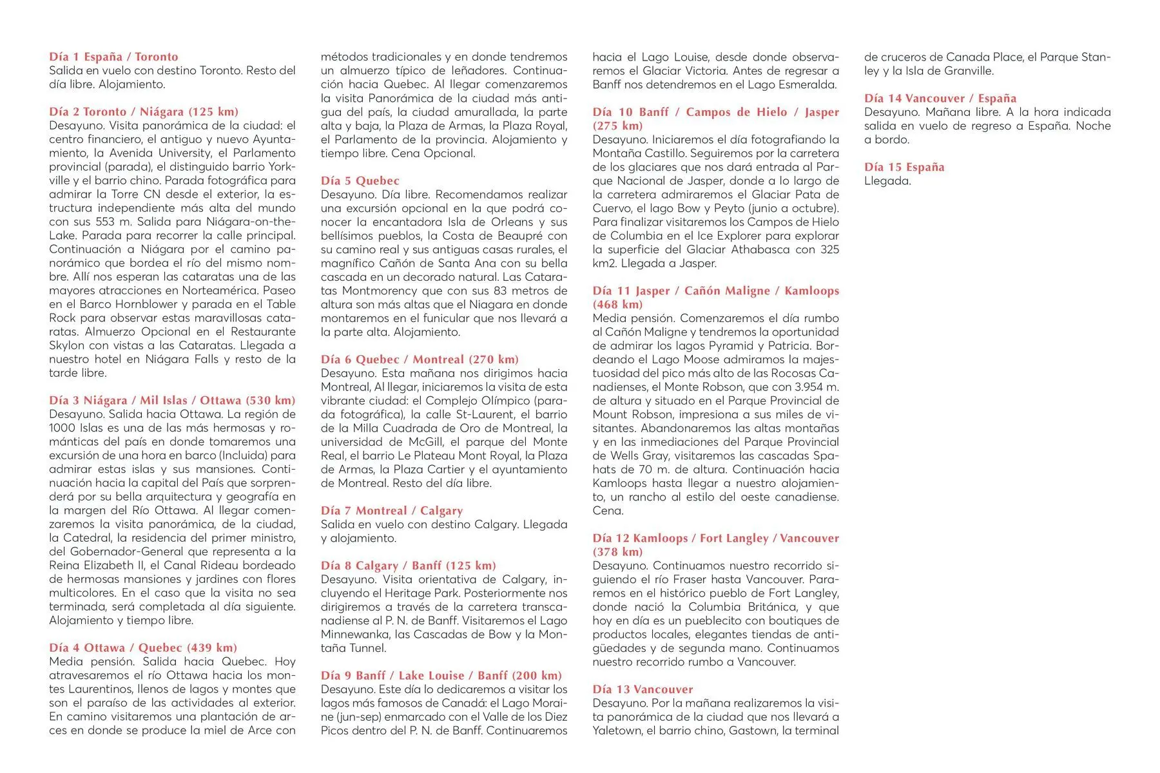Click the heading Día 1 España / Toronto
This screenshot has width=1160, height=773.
(x=113, y=57)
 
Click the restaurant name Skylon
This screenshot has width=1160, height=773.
(x=66, y=345)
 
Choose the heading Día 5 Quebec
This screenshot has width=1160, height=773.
(x=360, y=181)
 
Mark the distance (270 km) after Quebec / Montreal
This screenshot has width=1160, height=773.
(x=494, y=359)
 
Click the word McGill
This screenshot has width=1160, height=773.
(x=426, y=442)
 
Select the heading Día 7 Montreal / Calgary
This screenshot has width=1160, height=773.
(x=392, y=511)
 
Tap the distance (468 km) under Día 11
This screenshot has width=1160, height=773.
(x=617, y=305)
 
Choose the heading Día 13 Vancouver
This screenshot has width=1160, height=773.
(x=643, y=689)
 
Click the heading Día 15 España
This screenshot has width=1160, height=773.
(x=904, y=167)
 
